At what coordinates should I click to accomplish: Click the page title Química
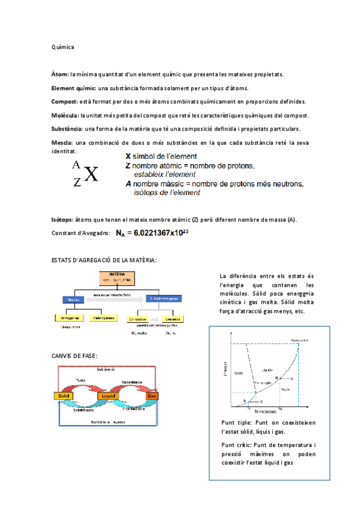(x=63, y=46)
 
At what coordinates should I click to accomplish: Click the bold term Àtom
(x=60, y=74)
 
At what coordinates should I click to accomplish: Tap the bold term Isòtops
(x=63, y=219)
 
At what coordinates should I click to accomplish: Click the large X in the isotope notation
(x=91, y=174)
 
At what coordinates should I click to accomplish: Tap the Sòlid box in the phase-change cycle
(x=63, y=396)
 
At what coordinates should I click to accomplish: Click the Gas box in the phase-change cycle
(x=151, y=396)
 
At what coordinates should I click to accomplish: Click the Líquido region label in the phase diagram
(x=267, y=369)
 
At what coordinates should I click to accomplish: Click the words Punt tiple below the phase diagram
(x=236, y=423)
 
